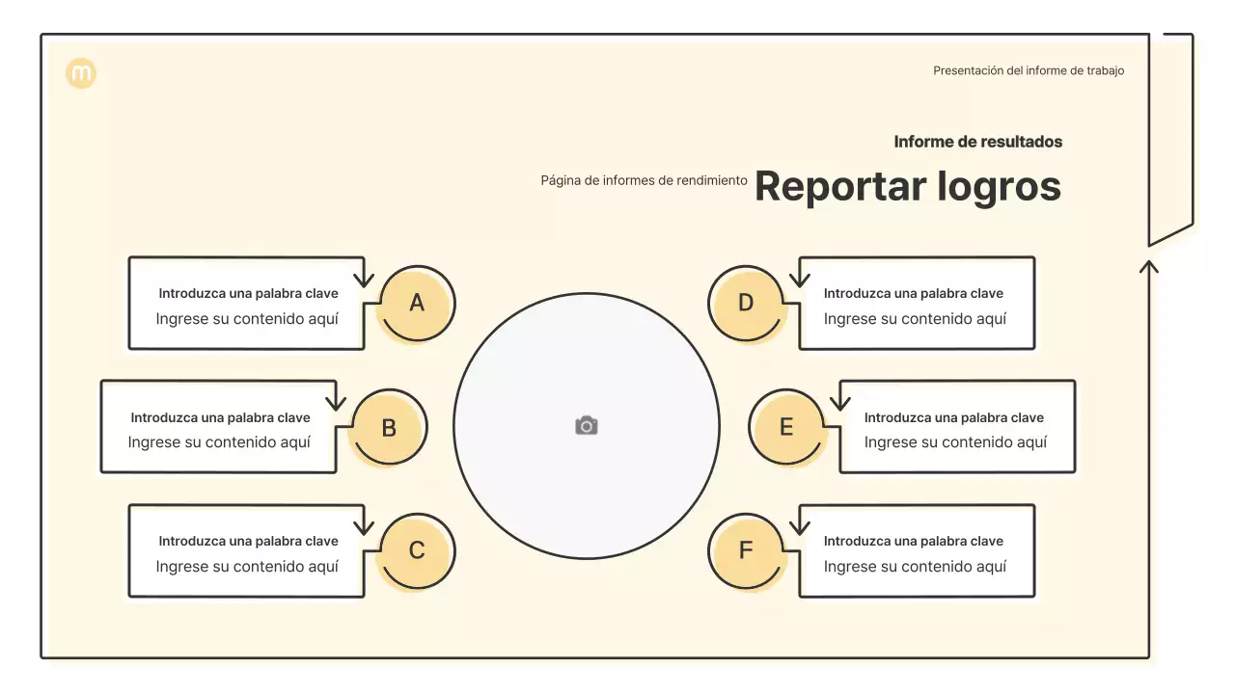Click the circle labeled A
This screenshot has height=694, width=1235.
(416, 304)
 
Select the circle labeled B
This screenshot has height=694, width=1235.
(388, 428)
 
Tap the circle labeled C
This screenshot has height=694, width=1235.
(416, 551)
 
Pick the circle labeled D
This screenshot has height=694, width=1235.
(746, 304)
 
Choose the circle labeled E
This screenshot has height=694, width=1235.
(786, 428)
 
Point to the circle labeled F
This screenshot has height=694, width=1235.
(746, 551)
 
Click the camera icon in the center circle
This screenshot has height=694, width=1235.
(587, 426)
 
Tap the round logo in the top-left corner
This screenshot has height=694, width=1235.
(81, 73)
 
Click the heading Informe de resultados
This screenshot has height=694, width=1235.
(977, 142)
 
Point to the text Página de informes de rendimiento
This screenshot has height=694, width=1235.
(644, 180)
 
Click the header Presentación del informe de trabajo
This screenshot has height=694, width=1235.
(1028, 70)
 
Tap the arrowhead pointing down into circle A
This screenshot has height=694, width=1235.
(363, 281)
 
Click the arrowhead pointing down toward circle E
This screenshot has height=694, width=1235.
(839, 405)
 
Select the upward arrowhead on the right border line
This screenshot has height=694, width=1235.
(1148, 266)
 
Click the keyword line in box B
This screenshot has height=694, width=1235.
(220, 417)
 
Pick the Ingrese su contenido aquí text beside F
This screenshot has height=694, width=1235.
(914, 567)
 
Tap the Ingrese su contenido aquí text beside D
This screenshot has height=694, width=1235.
(914, 319)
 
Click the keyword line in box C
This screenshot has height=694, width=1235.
(248, 541)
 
